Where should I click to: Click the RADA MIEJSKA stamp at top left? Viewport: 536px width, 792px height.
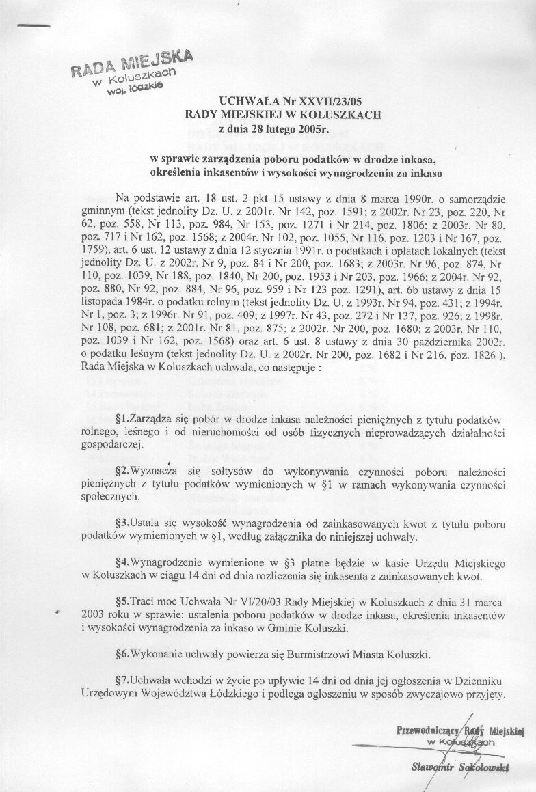click(x=129, y=72)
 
